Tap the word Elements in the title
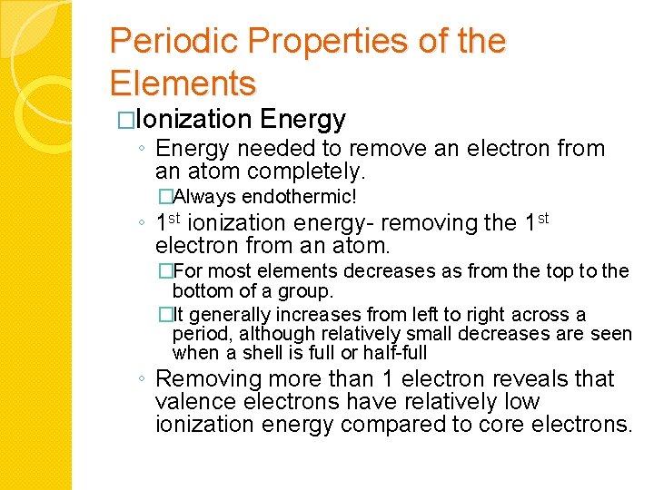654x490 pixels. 183,83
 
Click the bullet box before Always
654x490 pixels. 164,197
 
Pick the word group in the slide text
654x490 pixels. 309,291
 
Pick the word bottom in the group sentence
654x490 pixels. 200,291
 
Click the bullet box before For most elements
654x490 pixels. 164,270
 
